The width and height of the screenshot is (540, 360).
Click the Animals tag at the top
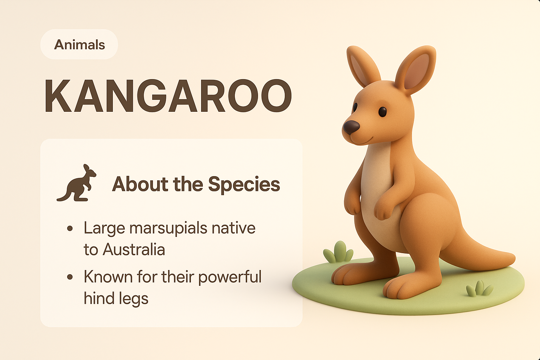pyautogui.click(x=79, y=45)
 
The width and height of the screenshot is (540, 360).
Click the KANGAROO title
pyautogui.click(x=168, y=96)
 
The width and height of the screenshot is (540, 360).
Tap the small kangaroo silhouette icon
pyautogui.click(x=76, y=183)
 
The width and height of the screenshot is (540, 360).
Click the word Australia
pyautogui.click(x=134, y=250)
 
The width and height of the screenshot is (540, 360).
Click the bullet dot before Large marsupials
pyautogui.click(x=70, y=228)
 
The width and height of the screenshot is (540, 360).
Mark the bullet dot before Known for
pyautogui.click(x=70, y=277)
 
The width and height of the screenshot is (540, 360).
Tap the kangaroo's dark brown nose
pyautogui.click(x=351, y=127)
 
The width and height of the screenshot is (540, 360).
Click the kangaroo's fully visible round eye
pyautogui.click(x=382, y=112)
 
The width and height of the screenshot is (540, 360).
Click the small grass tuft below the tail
pyautogui.click(x=479, y=289)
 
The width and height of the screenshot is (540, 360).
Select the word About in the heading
pyautogui.click(x=140, y=184)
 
